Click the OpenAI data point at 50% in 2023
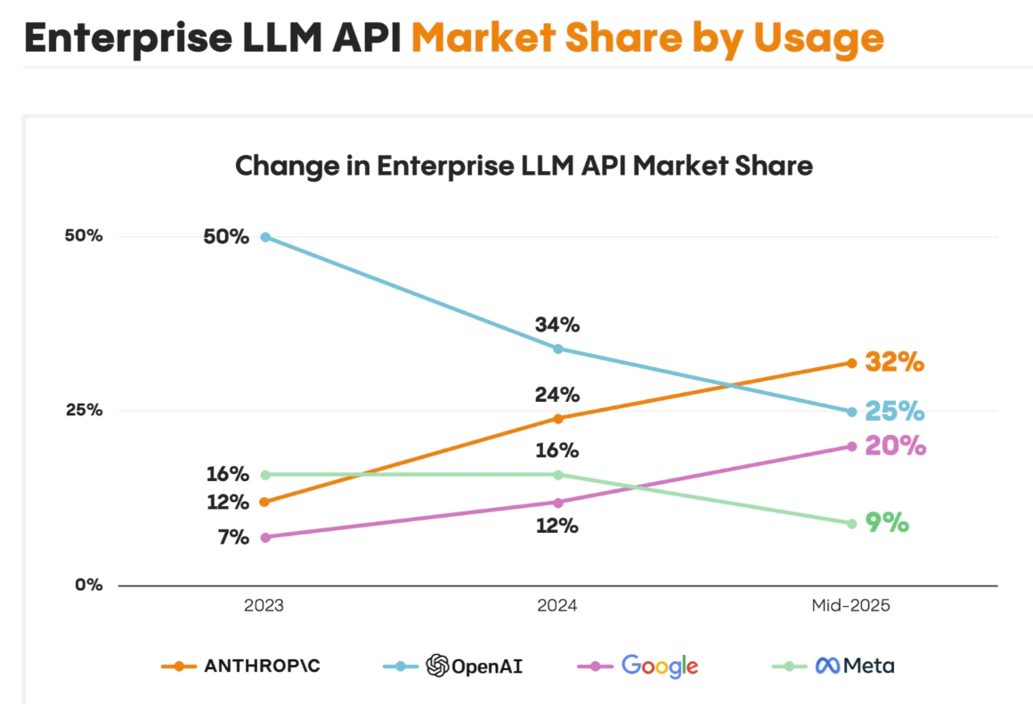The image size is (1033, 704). [265, 237]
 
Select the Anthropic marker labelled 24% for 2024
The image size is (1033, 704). [558, 419]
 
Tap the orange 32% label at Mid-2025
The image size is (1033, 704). [895, 363]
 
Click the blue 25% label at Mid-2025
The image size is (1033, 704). [895, 412]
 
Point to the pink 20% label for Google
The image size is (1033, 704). [896, 446]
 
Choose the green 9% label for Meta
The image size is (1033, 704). [887, 523]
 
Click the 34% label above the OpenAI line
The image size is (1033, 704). [557, 325]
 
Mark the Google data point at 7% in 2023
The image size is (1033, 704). [265, 537]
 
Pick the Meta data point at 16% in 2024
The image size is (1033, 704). [558, 474]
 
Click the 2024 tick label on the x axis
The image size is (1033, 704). [557, 606]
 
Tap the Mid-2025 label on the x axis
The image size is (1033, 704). [850, 606]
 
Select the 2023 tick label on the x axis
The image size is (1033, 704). [264, 606]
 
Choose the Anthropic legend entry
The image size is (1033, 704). [262, 666]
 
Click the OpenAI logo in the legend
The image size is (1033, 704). [436, 666]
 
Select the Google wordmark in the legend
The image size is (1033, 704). [659, 666]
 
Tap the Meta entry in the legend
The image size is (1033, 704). [855, 666]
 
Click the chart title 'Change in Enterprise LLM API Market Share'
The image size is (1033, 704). [524, 166]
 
